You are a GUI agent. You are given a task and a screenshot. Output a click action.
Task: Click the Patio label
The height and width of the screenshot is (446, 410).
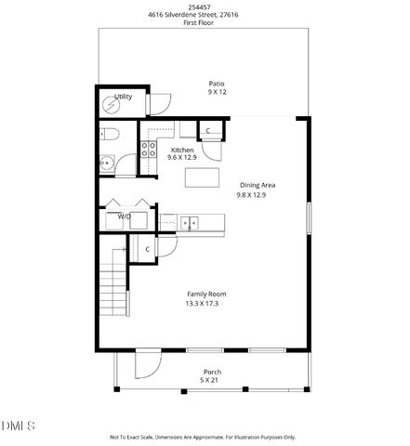pos(217,84)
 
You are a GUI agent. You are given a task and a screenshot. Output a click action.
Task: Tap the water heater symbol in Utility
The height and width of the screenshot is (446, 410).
pos(115,104)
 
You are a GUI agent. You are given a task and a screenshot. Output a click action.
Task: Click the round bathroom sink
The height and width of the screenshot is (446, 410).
pos(108,164)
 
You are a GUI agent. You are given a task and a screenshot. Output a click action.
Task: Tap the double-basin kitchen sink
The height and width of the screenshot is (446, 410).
pos(189,222)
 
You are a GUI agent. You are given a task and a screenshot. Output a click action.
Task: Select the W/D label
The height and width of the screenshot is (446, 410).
pos(124,216)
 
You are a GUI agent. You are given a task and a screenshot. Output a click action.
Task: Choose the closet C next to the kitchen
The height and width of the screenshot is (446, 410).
pos(208,131)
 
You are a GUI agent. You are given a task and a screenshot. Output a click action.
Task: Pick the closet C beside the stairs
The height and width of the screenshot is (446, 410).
pos(147,249)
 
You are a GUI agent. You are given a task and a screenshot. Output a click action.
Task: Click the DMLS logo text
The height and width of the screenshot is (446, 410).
pos(18,426)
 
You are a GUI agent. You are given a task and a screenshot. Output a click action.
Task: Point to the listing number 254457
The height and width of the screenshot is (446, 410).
pos(205,6)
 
